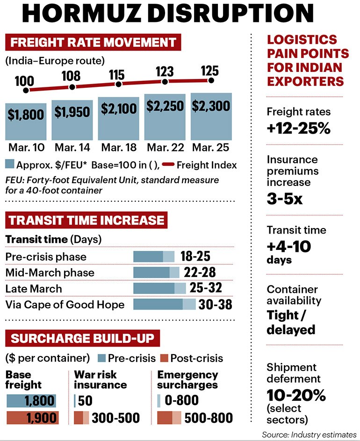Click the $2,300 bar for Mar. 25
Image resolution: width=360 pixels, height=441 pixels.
[x=211, y=116]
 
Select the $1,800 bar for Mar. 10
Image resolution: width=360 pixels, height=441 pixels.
[x=26, y=121]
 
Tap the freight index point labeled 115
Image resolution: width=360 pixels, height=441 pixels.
[x=118, y=84]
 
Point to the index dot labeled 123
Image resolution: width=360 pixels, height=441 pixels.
[x=165, y=82]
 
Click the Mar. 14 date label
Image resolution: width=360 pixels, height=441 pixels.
[x=72, y=147]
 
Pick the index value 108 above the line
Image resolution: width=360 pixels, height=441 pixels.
[x=71, y=76]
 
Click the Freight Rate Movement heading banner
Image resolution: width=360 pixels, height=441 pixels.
[x=93, y=43]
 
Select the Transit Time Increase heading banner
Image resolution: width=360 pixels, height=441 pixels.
[x=86, y=220]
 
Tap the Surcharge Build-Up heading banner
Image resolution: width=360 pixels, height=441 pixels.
[x=82, y=338]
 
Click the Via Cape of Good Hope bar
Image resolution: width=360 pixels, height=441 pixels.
[x=165, y=304]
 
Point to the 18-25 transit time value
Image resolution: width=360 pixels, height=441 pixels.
[x=195, y=256]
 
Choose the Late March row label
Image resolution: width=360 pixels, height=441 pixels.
[x=34, y=289]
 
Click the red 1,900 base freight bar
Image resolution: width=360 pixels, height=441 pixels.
[x=33, y=418]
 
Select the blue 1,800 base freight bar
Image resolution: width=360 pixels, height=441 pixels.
[x=31, y=401]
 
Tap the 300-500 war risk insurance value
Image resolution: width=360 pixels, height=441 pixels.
[x=115, y=418]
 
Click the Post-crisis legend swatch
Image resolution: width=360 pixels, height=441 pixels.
[x=164, y=358]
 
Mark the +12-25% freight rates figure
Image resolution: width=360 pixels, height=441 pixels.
[x=299, y=128]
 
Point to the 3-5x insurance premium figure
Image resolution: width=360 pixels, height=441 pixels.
[x=285, y=199]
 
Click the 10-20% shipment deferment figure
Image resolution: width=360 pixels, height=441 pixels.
[x=296, y=395]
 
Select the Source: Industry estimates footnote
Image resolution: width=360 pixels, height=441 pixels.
[x=309, y=434]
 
